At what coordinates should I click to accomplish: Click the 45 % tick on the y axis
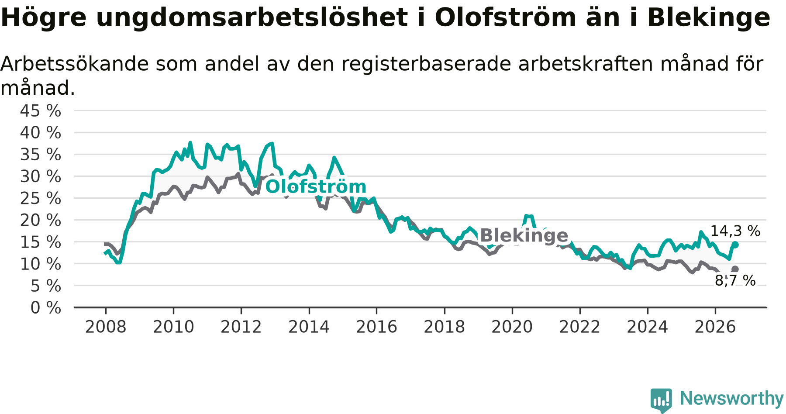tap(41, 111)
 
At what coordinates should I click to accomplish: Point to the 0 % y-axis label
tap(46, 308)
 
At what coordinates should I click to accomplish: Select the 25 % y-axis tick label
tap(41, 199)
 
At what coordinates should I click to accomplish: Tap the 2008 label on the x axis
tap(106, 327)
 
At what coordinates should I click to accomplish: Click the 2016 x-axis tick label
tap(376, 327)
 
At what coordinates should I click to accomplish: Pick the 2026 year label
tap(715, 327)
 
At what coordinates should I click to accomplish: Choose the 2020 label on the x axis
tap(512, 327)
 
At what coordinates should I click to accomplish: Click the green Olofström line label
tap(316, 186)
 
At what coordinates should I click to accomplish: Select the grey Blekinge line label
tap(524, 235)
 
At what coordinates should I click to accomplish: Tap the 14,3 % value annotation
tap(735, 231)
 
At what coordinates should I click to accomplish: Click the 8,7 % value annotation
tap(735, 280)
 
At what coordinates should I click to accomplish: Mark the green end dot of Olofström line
tap(735, 245)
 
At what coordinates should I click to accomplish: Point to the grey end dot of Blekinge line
tap(735, 269)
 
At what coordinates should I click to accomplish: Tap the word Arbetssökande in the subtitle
tap(75, 64)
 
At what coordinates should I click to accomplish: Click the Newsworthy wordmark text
tap(732, 398)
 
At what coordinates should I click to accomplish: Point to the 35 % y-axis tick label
tap(41, 155)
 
